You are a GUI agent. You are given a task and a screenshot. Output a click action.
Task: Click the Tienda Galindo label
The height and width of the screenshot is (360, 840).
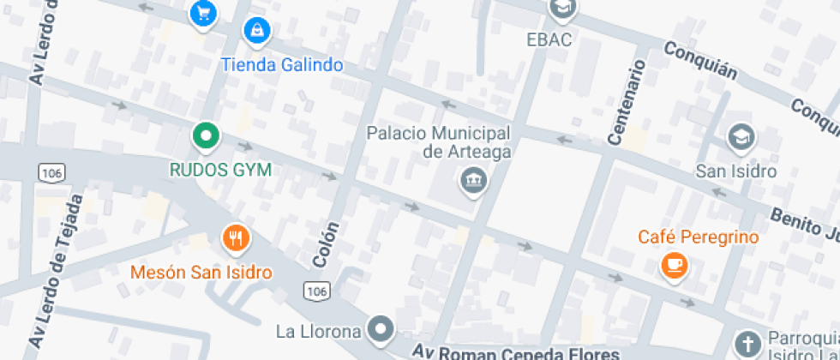[x=282, y=65]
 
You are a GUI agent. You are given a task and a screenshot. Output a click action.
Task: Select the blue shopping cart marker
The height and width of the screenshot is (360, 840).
[x=203, y=12]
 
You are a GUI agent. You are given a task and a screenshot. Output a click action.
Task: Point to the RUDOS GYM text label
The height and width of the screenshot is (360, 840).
[x=219, y=170]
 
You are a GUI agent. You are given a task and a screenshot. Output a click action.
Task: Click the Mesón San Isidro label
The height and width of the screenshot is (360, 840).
[x=201, y=273]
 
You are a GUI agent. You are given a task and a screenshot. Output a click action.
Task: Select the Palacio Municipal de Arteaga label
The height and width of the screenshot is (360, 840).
[x=439, y=142]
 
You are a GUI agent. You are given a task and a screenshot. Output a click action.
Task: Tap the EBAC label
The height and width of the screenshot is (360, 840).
[x=549, y=39]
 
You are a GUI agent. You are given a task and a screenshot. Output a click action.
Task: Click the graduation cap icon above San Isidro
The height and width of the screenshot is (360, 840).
[x=740, y=136]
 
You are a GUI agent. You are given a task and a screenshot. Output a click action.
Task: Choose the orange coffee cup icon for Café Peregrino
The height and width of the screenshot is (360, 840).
[x=675, y=265]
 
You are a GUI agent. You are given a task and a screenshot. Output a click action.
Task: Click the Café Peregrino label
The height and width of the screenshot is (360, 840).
[x=699, y=237]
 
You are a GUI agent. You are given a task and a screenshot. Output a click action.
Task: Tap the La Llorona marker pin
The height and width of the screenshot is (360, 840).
[x=380, y=328]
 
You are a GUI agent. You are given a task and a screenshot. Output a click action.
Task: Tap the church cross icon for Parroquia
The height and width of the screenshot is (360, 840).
[x=748, y=344]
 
